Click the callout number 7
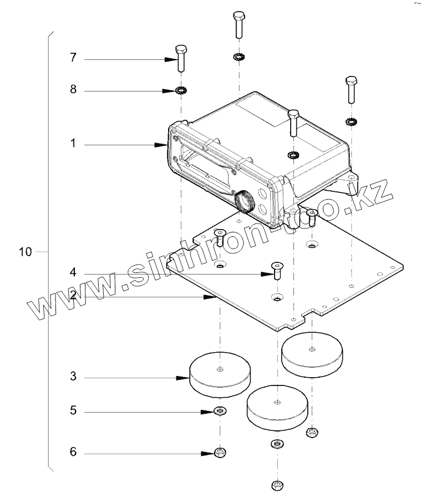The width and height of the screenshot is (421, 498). [x=73, y=58]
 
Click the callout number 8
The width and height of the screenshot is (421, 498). [x=73, y=90]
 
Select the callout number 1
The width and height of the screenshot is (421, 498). [x=72, y=144]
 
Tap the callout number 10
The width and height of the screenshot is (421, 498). [x=25, y=252]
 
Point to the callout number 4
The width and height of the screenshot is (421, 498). [x=73, y=273]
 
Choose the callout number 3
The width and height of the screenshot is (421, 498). [x=73, y=377]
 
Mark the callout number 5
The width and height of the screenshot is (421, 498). [x=73, y=411]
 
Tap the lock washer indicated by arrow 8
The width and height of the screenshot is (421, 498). [x=181, y=90]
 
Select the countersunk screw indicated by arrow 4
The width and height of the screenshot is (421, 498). [x=277, y=270]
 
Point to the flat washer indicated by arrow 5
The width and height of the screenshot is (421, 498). [x=220, y=411]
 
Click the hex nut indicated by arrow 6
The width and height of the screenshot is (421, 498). [x=220, y=453]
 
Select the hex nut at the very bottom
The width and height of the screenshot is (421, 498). [x=277, y=486]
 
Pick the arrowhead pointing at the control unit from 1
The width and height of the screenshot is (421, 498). [x=165, y=144]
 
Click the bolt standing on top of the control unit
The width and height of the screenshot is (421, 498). [x=293, y=123]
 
